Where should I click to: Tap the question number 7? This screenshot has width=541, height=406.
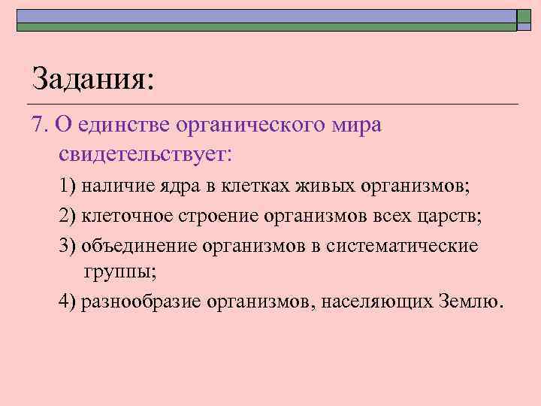pos(40,124)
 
